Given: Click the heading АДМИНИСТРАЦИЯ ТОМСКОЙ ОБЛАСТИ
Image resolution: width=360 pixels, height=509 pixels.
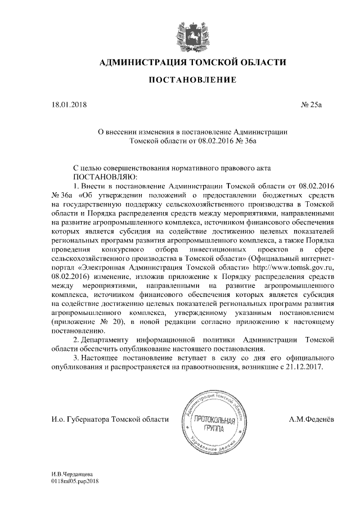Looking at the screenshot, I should click(192, 62).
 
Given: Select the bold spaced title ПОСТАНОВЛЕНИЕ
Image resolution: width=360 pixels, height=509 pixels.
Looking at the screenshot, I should click(192, 81).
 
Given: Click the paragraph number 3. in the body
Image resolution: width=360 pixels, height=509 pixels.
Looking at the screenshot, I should click(77, 358).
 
